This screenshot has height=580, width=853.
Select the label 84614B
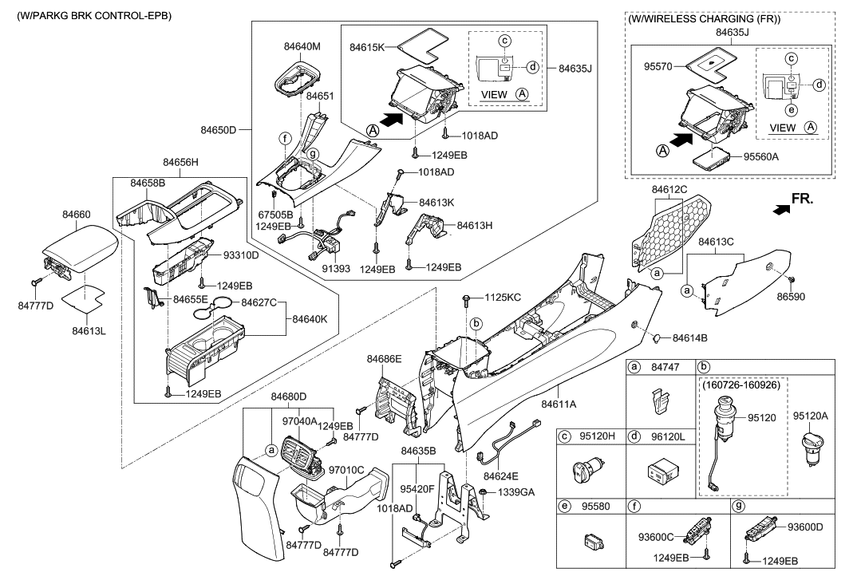click(x=691, y=337)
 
